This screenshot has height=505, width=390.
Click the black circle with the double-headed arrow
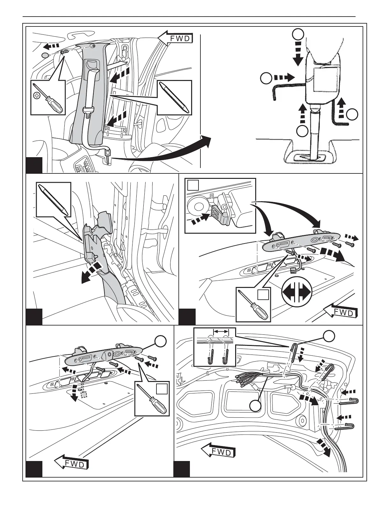coord(297,292)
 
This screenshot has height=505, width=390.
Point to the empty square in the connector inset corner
coord(193,185)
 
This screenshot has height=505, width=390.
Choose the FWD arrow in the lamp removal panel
coord(341,311)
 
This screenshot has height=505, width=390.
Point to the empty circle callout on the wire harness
coord(256,406)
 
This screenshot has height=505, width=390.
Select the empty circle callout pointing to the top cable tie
coord(329,336)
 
